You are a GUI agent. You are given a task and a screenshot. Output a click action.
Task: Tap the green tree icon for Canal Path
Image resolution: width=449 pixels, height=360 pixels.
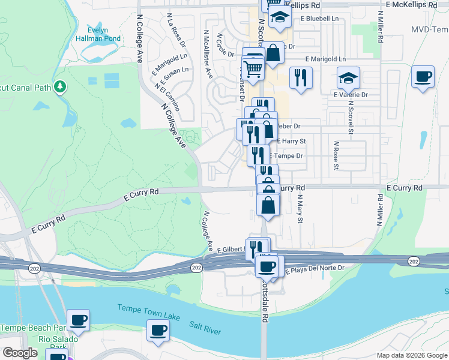59,88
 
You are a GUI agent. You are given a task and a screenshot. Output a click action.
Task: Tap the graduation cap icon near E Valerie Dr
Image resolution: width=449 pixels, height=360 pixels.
348,78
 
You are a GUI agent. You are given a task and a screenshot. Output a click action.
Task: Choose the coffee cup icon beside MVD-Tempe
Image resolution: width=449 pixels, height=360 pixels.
423,77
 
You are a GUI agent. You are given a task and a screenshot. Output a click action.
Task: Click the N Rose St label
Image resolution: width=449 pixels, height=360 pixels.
336,154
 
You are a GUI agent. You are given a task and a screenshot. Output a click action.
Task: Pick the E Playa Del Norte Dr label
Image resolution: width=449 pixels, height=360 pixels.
316,269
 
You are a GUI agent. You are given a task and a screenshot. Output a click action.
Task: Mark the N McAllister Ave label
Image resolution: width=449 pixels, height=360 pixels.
208,55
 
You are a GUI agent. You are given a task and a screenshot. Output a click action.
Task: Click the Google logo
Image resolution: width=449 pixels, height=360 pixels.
20,353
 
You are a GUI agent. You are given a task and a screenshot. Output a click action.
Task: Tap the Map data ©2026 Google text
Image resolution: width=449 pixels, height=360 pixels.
412,355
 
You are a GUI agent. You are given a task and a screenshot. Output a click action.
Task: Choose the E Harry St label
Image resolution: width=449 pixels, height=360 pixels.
292,142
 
